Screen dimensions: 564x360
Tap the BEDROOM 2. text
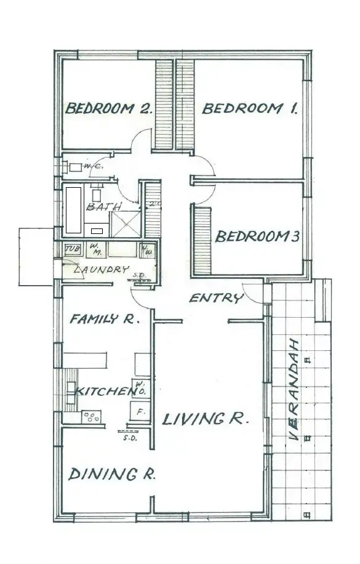(x=108, y=109)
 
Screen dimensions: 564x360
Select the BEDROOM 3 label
(x=257, y=236)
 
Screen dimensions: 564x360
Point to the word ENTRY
(x=215, y=299)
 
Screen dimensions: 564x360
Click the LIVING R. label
(x=205, y=419)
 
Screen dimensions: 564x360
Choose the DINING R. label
(x=111, y=474)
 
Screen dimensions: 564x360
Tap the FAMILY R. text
(x=105, y=319)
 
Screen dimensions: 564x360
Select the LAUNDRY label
(x=101, y=270)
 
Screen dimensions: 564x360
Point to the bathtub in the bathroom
(x=73, y=209)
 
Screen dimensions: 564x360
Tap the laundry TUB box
(x=72, y=249)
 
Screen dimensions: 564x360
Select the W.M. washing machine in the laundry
(x=96, y=249)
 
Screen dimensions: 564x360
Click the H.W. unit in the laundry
(x=148, y=251)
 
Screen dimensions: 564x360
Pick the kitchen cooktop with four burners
(x=91, y=417)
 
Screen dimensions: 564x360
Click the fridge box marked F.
(x=138, y=411)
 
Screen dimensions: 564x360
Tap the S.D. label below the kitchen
(x=129, y=438)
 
